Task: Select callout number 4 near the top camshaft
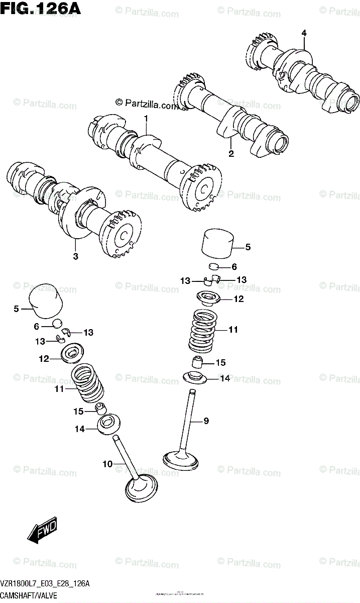coord(304,33)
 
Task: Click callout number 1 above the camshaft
coord(146,119)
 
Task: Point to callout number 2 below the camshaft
coord(231,154)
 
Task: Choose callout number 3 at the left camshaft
coord(75,257)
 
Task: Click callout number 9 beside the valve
coord(205,421)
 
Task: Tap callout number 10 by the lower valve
coord(107,464)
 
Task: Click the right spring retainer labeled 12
coord(207,299)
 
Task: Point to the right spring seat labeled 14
coord(196,377)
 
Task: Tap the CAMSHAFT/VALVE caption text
coord(30,595)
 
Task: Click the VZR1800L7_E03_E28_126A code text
coord(46,584)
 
